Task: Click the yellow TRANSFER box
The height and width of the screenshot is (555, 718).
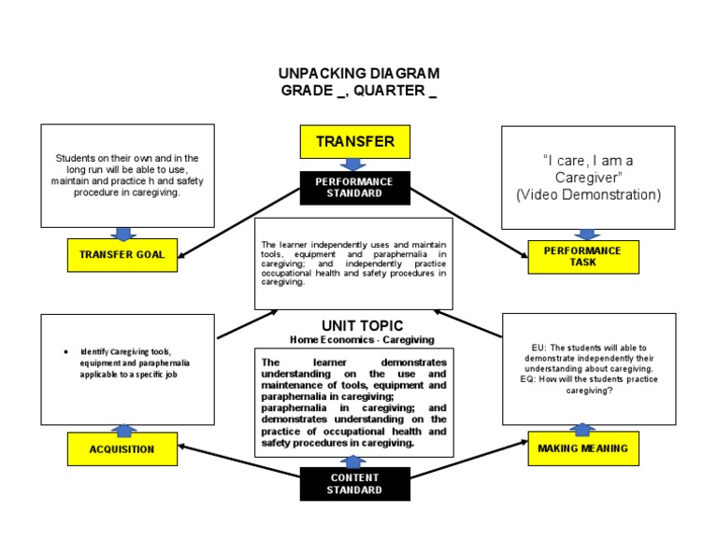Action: click(354, 142)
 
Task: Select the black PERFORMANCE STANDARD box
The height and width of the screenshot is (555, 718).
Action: click(354, 187)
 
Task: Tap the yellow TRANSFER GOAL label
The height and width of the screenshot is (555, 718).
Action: click(122, 254)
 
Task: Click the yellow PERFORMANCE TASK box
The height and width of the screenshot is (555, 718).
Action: click(583, 256)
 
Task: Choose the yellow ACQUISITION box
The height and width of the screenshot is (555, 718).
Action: click(122, 448)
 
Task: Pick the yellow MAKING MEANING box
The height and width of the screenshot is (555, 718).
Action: click(583, 448)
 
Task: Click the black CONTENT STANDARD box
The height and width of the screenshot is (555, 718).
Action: click(354, 484)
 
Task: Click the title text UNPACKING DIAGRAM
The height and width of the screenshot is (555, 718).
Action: click(359, 73)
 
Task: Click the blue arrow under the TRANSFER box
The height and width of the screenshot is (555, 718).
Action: click(354, 164)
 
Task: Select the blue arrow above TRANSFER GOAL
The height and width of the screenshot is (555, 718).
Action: click(122, 234)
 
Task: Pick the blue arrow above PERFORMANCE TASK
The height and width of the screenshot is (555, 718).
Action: click(586, 235)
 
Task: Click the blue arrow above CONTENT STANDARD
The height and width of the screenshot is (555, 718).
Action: click(354, 462)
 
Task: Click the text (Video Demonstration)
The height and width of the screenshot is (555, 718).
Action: click(588, 194)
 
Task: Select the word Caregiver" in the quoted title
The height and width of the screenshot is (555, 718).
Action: click(588, 178)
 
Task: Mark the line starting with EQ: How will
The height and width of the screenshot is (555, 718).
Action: click(589, 379)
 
